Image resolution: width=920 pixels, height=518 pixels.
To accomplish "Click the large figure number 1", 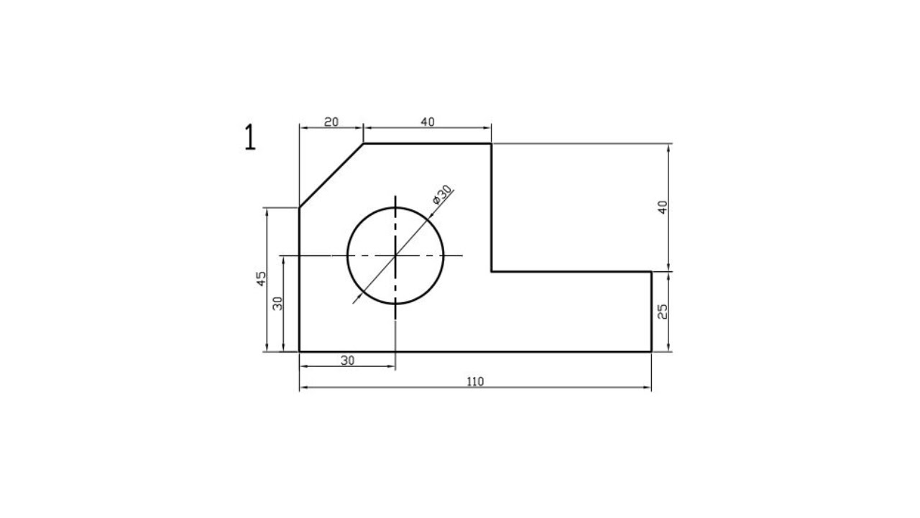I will click(x=249, y=137).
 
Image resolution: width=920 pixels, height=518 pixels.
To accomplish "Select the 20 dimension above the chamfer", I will click(x=331, y=122).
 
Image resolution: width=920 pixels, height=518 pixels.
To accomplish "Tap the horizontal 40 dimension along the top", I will click(x=427, y=122).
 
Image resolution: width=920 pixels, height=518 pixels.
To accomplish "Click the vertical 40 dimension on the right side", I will click(x=663, y=206).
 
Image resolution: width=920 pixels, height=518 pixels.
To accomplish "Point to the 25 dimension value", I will click(x=663, y=312).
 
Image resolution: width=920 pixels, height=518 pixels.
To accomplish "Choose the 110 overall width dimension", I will click(x=475, y=382).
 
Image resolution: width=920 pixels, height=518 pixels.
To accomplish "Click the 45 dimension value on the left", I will click(x=262, y=278).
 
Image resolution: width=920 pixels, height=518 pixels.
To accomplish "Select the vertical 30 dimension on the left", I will click(x=278, y=304).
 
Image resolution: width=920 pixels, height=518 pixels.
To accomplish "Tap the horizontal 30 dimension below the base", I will click(x=347, y=360).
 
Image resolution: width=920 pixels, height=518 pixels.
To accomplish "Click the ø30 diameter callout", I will click(x=443, y=195).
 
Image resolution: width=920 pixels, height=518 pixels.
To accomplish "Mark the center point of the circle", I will click(x=395, y=255).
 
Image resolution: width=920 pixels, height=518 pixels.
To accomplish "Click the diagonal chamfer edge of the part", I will click(x=331, y=176).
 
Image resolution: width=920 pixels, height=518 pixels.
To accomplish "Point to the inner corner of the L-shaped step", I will click(x=492, y=272).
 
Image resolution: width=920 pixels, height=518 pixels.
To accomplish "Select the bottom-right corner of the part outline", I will click(x=651, y=352).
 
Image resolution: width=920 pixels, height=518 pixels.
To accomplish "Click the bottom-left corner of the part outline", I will click(x=299, y=352).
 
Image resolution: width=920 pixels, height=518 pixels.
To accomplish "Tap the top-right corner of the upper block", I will click(x=492, y=143).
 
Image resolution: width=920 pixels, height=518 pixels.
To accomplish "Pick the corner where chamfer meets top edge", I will click(x=363, y=143).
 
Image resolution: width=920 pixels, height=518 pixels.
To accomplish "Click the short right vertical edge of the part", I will click(x=651, y=312).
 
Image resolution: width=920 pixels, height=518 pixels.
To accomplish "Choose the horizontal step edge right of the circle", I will click(x=571, y=272).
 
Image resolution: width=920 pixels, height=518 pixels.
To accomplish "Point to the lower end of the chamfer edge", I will click(x=299, y=208).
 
